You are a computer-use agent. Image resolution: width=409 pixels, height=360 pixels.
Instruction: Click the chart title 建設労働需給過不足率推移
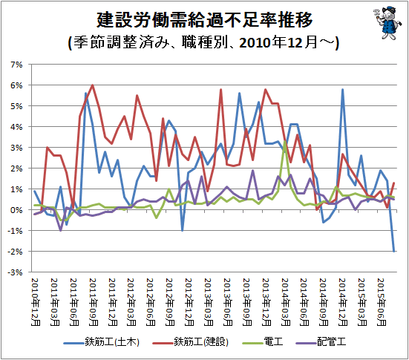[205, 20]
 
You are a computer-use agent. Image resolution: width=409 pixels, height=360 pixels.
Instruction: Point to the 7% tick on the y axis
[16, 65]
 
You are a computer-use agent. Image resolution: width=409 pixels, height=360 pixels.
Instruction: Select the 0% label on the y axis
[16, 210]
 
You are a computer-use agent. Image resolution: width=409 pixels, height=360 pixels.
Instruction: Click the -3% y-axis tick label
[15, 272]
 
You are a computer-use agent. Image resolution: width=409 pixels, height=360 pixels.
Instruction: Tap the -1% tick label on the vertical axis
[15, 231]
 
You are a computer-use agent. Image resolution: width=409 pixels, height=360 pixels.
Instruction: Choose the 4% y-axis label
[16, 127]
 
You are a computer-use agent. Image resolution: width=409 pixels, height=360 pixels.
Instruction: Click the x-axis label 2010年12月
[36, 302]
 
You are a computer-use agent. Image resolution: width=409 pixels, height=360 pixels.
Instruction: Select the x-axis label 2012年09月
[170, 302]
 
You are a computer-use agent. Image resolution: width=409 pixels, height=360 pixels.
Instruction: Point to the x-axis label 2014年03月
[286, 302]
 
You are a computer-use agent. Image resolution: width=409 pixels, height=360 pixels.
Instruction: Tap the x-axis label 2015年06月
[382, 302]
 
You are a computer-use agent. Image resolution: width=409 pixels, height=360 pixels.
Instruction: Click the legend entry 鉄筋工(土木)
[102, 341]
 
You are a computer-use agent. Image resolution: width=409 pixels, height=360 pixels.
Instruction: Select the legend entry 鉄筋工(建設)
[191, 341]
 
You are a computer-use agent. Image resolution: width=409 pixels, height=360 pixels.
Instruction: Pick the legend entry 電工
[263, 341]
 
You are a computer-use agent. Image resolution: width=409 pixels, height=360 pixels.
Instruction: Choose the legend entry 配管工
[321, 341]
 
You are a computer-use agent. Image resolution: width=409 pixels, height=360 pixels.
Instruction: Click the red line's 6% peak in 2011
[93, 85]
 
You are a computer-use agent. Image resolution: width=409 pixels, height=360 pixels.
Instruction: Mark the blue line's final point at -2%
[394, 251]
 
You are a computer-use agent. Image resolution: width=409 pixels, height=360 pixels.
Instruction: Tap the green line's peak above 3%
[285, 141]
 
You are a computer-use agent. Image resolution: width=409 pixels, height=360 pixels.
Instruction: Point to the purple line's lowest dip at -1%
[61, 230]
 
